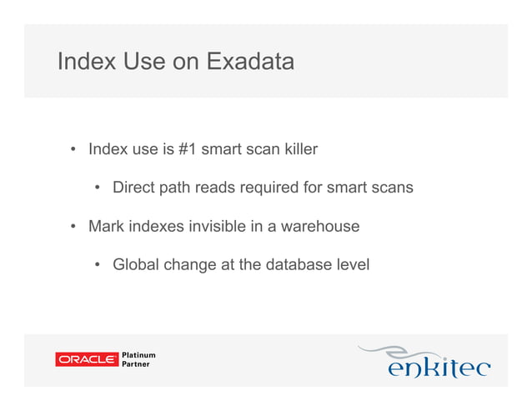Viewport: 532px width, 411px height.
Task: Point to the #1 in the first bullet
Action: [x=187, y=150]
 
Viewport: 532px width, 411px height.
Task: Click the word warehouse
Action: [x=319, y=226]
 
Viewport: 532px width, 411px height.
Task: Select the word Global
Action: [x=136, y=265]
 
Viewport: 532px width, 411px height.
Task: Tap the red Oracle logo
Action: [x=86, y=359]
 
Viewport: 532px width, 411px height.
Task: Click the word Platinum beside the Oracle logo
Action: [x=139, y=355]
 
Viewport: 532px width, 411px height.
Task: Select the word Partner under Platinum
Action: [x=137, y=365]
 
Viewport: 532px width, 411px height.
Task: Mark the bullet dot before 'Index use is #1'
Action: [x=73, y=151]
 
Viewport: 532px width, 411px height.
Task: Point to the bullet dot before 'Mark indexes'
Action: [x=73, y=227]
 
